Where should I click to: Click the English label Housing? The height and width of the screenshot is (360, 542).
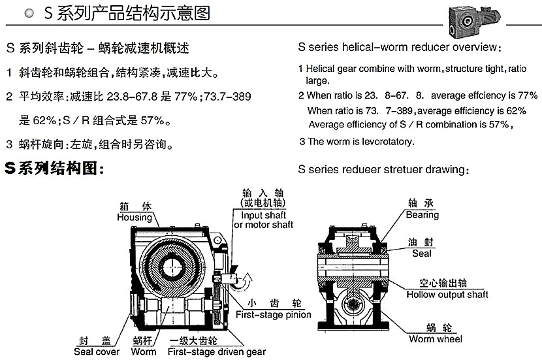coord(134,217)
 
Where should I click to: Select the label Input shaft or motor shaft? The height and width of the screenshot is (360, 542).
coord(264,220)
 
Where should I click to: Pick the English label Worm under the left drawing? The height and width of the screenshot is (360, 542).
coord(144,352)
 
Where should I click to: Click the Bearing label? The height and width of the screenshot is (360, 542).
coord(422,214)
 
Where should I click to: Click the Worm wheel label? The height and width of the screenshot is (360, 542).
coord(436,339)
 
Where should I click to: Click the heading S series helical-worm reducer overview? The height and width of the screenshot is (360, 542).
coord(399,48)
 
